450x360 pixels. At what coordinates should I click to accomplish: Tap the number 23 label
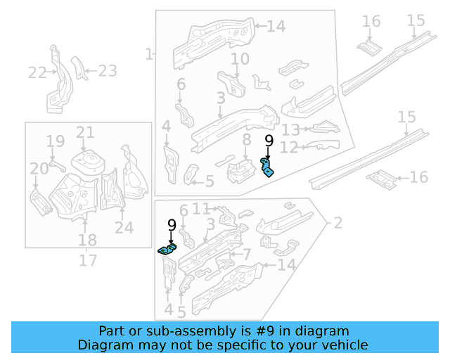click(107, 70)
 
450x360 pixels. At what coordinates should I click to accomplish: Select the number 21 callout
click(84, 132)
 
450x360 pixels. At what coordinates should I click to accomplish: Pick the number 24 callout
click(124, 226)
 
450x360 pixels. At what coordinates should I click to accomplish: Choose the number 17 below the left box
click(87, 261)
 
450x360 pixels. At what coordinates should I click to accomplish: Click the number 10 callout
click(240, 58)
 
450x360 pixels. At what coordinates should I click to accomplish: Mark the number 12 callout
click(288, 148)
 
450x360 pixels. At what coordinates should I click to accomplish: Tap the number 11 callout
click(201, 208)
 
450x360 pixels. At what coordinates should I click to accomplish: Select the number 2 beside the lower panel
click(338, 224)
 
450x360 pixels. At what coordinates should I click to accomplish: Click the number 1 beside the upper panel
click(148, 53)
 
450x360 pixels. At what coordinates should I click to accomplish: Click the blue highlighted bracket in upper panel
click(268, 168)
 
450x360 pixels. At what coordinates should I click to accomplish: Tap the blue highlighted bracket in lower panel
click(168, 249)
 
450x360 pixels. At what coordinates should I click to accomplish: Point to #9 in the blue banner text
click(251, 330)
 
